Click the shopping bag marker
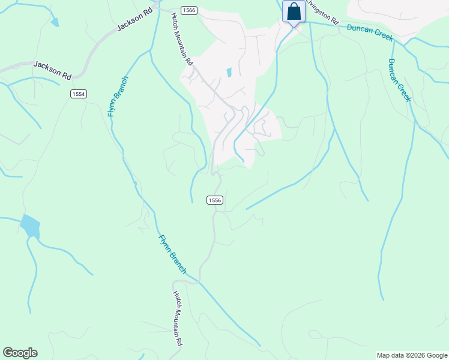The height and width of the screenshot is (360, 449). (x=294, y=11)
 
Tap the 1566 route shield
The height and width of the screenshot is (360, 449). (x=189, y=11)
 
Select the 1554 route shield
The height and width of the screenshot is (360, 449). (x=78, y=94)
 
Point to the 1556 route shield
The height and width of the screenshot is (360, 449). (x=215, y=200)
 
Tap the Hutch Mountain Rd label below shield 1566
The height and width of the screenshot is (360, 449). (x=182, y=40)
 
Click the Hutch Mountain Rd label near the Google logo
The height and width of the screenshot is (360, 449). (x=178, y=319)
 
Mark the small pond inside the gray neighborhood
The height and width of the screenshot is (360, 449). (x=229, y=73)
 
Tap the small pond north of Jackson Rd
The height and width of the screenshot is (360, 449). (x=55, y=22)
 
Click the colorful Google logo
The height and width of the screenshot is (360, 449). (x=20, y=353)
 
